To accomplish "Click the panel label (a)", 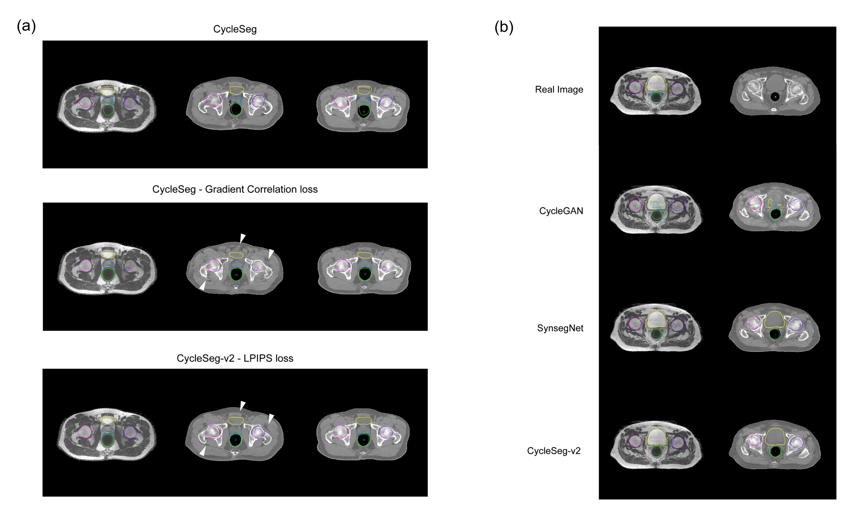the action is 26,26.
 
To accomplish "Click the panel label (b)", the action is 504,27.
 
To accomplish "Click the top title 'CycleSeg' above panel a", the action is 235,29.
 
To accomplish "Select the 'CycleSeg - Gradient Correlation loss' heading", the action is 235,189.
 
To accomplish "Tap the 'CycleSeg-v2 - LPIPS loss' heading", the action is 235,358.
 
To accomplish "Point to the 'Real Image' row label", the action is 559,90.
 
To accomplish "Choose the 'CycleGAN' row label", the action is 561,211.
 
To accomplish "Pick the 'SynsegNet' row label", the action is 560,328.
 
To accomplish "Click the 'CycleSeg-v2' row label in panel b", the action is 554,451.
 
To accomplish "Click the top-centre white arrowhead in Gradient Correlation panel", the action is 242,238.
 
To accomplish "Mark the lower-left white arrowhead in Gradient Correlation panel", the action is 203,286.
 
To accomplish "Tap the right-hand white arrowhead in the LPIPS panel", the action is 271,418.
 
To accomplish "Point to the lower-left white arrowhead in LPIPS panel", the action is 203,452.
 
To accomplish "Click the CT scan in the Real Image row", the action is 775,91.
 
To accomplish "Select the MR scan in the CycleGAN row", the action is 656,209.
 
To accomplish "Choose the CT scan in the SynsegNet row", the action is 774,328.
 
